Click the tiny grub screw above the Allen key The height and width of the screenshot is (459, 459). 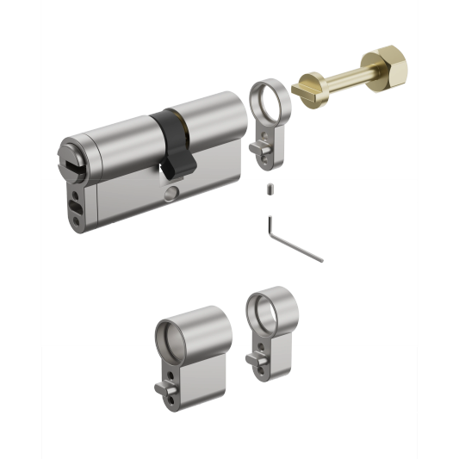(x=270, y=189)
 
